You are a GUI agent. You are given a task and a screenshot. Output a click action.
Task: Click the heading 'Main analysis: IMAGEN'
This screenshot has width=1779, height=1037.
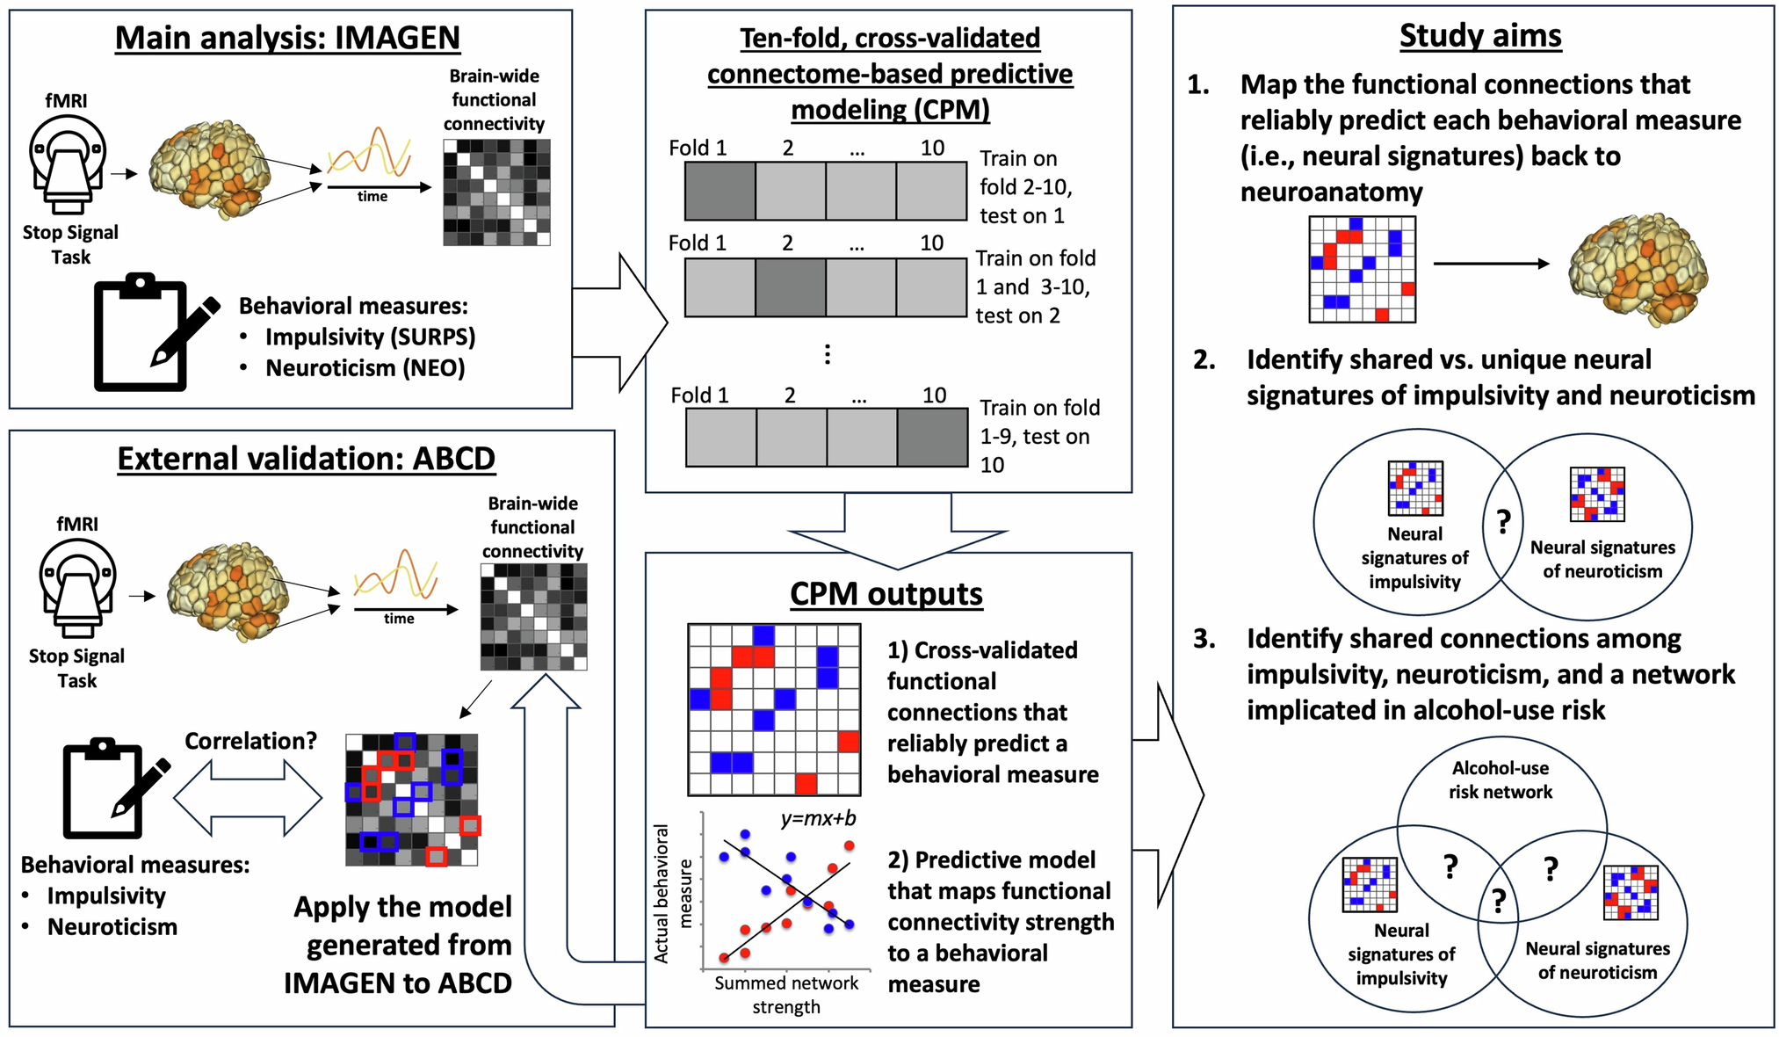coord(287,38)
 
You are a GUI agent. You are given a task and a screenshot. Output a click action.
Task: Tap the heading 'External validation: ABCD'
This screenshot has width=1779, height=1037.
coord(306,459)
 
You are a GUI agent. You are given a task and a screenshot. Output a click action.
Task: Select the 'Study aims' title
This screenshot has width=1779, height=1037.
coord(1480,36)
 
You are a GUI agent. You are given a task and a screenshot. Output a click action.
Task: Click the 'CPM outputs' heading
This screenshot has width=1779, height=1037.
coord(886,594)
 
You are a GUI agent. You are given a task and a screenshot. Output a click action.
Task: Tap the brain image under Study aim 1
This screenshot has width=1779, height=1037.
coord(1638,267)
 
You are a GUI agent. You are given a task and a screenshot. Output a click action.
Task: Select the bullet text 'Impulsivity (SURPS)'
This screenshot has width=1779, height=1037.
coord(370,337)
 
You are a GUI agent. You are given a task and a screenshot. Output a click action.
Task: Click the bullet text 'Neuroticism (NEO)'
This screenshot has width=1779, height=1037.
coord(365,368)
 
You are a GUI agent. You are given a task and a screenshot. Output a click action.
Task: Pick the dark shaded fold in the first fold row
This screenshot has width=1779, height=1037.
coord(720,191)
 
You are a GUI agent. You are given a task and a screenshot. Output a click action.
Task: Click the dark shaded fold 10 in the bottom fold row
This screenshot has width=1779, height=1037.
coord(932,437)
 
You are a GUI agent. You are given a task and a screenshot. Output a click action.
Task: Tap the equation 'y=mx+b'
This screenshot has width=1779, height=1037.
coord(818,819)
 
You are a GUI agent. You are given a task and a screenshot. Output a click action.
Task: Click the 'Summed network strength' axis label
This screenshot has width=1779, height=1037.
coord(786,995)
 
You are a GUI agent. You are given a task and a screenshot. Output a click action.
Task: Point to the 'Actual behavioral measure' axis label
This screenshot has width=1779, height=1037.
coord(673,894)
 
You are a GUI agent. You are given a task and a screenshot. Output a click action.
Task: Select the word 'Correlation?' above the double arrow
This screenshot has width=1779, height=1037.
coord(250,741)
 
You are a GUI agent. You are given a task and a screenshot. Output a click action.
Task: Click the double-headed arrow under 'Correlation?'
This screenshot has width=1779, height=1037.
coord(248,798)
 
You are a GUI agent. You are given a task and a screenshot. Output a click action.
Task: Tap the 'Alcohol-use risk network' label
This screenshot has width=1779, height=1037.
coord(1500,780)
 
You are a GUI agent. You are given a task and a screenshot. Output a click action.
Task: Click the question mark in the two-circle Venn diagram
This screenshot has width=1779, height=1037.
coord(1503,522)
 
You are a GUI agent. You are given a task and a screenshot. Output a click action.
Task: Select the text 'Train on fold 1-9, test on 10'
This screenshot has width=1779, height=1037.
coord(1039,436)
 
